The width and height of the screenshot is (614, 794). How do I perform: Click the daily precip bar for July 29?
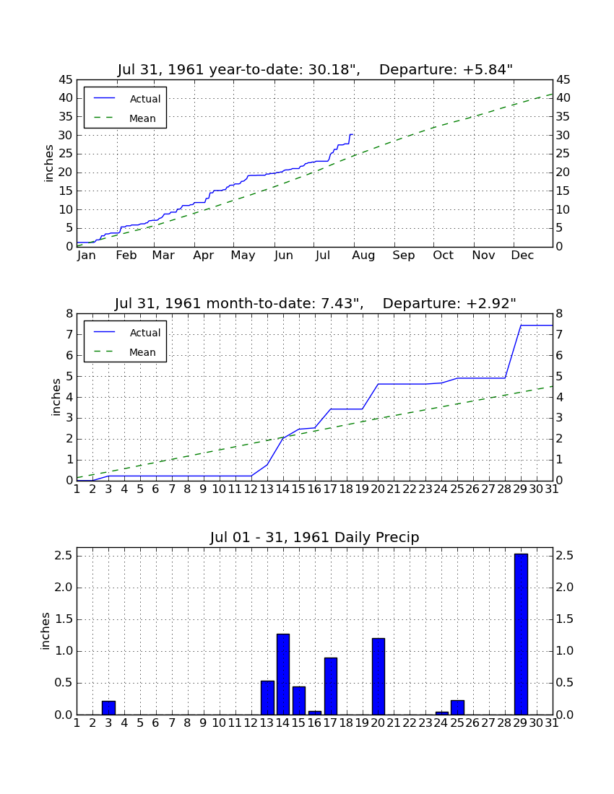click(521, 634)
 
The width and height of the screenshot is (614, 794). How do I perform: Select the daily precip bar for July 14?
click(283, 674)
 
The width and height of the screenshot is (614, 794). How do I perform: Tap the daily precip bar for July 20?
click(379, 676)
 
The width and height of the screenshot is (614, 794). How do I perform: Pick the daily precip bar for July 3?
click(108, 708)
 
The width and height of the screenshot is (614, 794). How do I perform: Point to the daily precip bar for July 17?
click(331, 686)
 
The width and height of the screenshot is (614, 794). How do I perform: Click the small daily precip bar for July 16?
click(315, 713)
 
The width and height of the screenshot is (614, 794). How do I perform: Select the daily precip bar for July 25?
click(457, 707)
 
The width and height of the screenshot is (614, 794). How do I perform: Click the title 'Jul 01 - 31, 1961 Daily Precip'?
click(315, 537)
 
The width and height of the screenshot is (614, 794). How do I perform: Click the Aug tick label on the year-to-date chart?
click(363, 256)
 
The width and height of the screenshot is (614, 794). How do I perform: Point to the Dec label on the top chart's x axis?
click(522, 256)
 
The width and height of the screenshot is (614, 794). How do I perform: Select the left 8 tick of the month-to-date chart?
click(69, 313)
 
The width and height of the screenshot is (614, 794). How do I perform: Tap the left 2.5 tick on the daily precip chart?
click(64, 556)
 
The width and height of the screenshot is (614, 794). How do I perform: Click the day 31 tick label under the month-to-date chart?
click(552, 489)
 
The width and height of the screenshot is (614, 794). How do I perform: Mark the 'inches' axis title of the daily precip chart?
click(46, 631)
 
